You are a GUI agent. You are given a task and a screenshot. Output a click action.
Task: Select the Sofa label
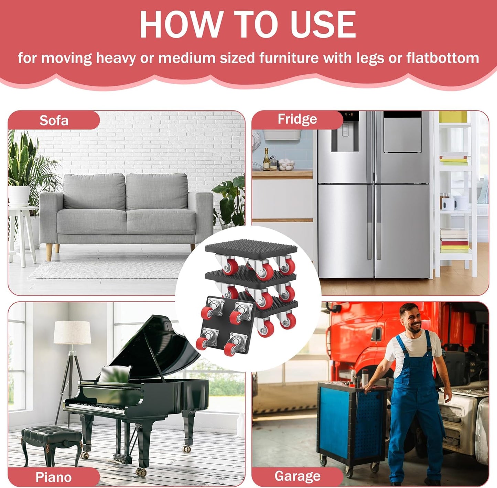click(x=54, y=120)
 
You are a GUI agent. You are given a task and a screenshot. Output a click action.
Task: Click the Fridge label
click(x=298, y=119)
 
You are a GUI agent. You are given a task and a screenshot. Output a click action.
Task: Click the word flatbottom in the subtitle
click(x=443, y=58)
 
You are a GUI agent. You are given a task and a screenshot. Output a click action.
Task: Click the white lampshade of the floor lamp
click(x=72, y=333)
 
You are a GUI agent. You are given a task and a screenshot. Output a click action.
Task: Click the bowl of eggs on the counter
click(x=286, y=164)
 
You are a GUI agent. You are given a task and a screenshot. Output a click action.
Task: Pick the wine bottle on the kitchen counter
click(x=267, y=159)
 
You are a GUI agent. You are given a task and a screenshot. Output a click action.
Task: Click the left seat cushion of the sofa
click(x=91, y=222)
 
